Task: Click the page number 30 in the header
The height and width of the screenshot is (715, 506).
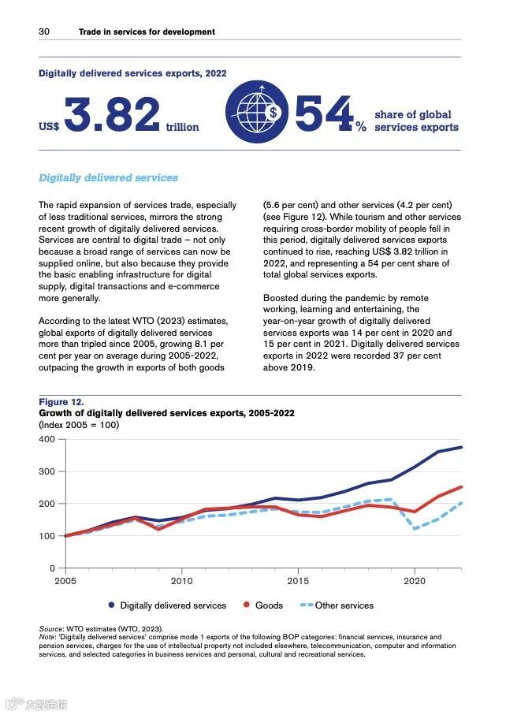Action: click(44, 32)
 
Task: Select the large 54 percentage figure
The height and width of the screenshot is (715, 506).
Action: click(323, 115)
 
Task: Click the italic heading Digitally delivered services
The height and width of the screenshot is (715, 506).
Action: click(109, 177)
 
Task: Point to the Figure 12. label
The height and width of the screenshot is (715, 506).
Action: click(61, 402)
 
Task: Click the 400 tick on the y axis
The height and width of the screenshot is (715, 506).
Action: click(47, 439)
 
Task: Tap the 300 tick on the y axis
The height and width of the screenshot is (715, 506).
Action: click(47, 471)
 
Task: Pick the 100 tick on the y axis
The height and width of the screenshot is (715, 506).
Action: click(47, 536)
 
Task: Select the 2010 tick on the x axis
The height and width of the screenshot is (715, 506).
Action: click(181, 580)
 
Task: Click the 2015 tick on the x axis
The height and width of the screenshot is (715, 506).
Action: click(298, 580)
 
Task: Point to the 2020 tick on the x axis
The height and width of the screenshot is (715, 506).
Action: click(415, 580)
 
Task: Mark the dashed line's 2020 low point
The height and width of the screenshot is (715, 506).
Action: click(415, 529)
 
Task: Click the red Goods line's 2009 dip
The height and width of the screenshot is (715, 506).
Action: click(158, 529)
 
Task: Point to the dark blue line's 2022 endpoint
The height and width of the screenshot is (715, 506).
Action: click(461, 447)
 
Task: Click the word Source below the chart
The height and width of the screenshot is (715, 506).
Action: click(50, 627)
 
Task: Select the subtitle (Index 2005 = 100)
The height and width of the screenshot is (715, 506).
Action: click(78, 424)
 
